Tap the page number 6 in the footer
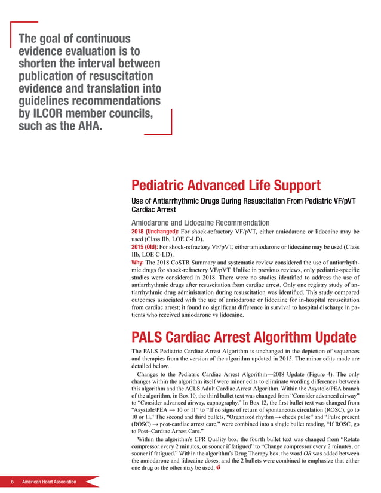point(11,482)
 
